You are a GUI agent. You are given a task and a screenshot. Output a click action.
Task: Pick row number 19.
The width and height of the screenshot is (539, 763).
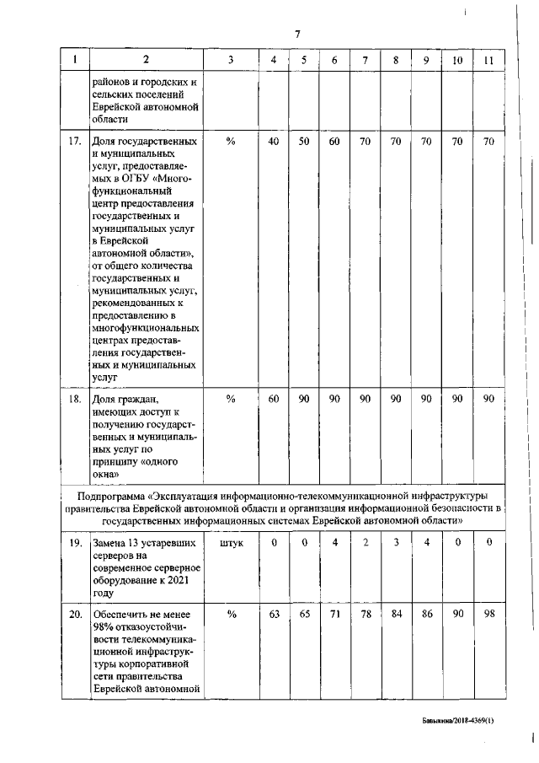point(74,545)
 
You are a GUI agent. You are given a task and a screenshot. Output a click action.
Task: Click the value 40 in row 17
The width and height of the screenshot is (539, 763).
point(273,142)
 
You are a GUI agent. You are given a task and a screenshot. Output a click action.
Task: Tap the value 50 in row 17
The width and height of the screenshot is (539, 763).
point(304,142)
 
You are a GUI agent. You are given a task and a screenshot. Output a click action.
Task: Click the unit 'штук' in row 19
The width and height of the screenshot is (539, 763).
point(231,545)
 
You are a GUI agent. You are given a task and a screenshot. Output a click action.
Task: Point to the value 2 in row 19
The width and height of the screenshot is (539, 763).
point(365,545)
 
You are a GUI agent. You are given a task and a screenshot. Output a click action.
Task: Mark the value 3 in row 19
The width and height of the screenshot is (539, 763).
point(396,545)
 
